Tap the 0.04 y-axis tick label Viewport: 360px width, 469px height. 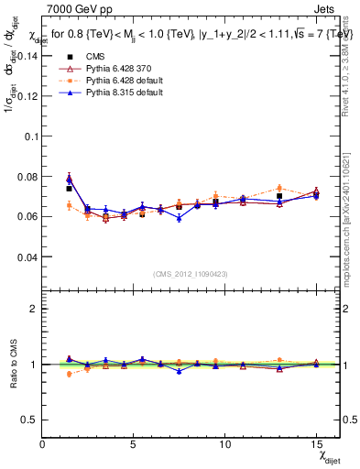[27, 257]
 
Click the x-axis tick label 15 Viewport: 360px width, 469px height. [315, 444]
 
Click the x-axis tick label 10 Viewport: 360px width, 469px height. [224, 444]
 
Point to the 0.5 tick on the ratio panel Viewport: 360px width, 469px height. [30, 420]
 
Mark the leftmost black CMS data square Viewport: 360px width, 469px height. [69, 189]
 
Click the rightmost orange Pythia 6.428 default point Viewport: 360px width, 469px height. [316, 196]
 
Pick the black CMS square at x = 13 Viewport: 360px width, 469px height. [279, 196]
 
